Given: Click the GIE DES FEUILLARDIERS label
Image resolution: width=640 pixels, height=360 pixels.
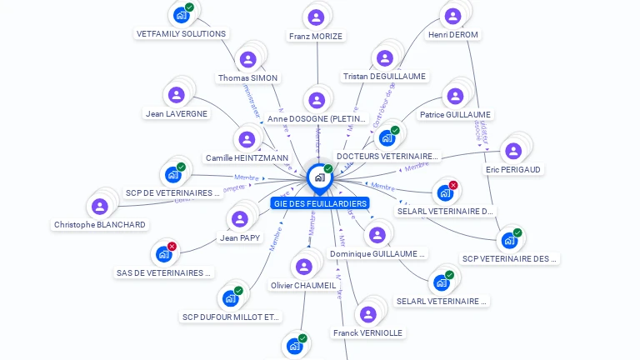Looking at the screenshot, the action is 319,203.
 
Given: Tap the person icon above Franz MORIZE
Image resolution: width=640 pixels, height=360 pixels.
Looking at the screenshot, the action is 316,17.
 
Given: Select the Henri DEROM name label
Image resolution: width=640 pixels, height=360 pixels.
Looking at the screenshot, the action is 452,35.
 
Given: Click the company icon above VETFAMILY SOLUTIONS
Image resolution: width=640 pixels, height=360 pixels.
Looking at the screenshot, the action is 181,14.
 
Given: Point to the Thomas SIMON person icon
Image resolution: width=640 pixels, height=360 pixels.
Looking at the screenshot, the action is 247,59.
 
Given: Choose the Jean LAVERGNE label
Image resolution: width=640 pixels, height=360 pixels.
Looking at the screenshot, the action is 177,113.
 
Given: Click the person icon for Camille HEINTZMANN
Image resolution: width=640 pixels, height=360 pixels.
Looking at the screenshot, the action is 246,139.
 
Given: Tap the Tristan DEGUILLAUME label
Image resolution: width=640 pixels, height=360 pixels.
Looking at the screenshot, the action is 384,77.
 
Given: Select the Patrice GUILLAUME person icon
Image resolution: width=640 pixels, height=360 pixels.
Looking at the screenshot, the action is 455,96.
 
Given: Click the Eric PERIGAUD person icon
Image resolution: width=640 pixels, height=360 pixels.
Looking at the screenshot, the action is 513,151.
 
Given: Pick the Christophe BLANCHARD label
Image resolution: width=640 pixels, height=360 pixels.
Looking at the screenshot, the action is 100,225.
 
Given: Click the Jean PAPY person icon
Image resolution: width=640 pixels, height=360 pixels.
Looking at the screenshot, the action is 240,219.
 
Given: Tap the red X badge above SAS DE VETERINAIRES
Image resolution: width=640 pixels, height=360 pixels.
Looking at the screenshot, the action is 172,247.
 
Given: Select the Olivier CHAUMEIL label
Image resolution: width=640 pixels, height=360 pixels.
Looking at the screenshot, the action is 304,285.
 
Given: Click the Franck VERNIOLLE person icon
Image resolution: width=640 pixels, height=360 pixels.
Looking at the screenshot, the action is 367,314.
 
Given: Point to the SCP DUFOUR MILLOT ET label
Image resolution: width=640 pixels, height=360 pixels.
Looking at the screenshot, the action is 232,317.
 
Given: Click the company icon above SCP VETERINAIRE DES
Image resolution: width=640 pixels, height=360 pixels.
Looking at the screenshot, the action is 508,240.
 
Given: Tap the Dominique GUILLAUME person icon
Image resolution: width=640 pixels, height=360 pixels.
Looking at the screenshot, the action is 377,235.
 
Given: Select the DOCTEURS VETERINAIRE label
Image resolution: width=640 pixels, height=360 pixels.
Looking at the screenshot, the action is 387,156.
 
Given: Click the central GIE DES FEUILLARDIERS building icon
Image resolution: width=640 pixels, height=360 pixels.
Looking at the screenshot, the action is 318,177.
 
